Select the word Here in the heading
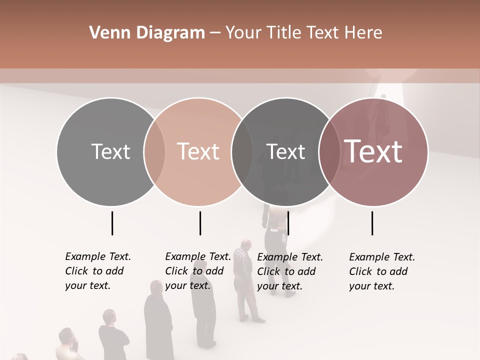click(363, 33)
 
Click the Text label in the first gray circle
click(110, 151)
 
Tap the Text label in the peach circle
click(198, 151)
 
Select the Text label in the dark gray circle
click(285, 151)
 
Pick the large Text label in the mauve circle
click(373, 151)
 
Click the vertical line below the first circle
click(112, 223)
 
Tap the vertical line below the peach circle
click(200, 223)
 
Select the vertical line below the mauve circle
click(372, 223)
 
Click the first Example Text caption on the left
click(97, 271)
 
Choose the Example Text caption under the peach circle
click(197, 271)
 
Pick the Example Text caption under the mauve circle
click(381, 271)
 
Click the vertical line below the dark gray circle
click(288, 223)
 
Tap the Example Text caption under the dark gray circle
click(289, 271)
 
